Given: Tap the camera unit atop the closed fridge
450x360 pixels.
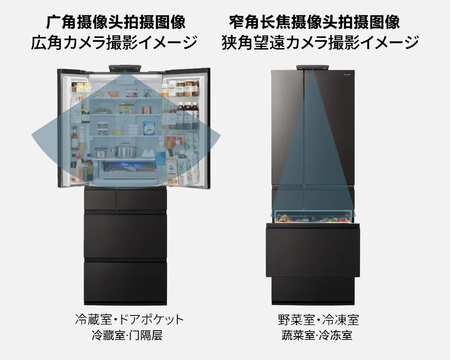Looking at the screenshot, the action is (312, 67).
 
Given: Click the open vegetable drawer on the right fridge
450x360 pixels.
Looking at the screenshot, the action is (313, 217).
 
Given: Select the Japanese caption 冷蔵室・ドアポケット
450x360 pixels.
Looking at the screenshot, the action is (129, 319).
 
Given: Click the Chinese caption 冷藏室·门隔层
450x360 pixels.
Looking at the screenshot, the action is (127, 335).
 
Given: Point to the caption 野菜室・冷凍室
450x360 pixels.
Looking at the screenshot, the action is (318, 319).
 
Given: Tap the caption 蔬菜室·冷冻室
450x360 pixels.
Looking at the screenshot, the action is (317, 335).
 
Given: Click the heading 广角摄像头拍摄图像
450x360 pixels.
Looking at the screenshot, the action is (116, 22).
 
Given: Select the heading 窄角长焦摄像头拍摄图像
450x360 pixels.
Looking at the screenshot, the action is (314, 22).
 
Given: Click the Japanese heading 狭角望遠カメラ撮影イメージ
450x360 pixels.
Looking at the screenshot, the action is (319, 42).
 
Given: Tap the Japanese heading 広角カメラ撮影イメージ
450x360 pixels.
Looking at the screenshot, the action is (114, 42).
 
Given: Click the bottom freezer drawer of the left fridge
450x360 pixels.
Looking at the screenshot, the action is (125, 282).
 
